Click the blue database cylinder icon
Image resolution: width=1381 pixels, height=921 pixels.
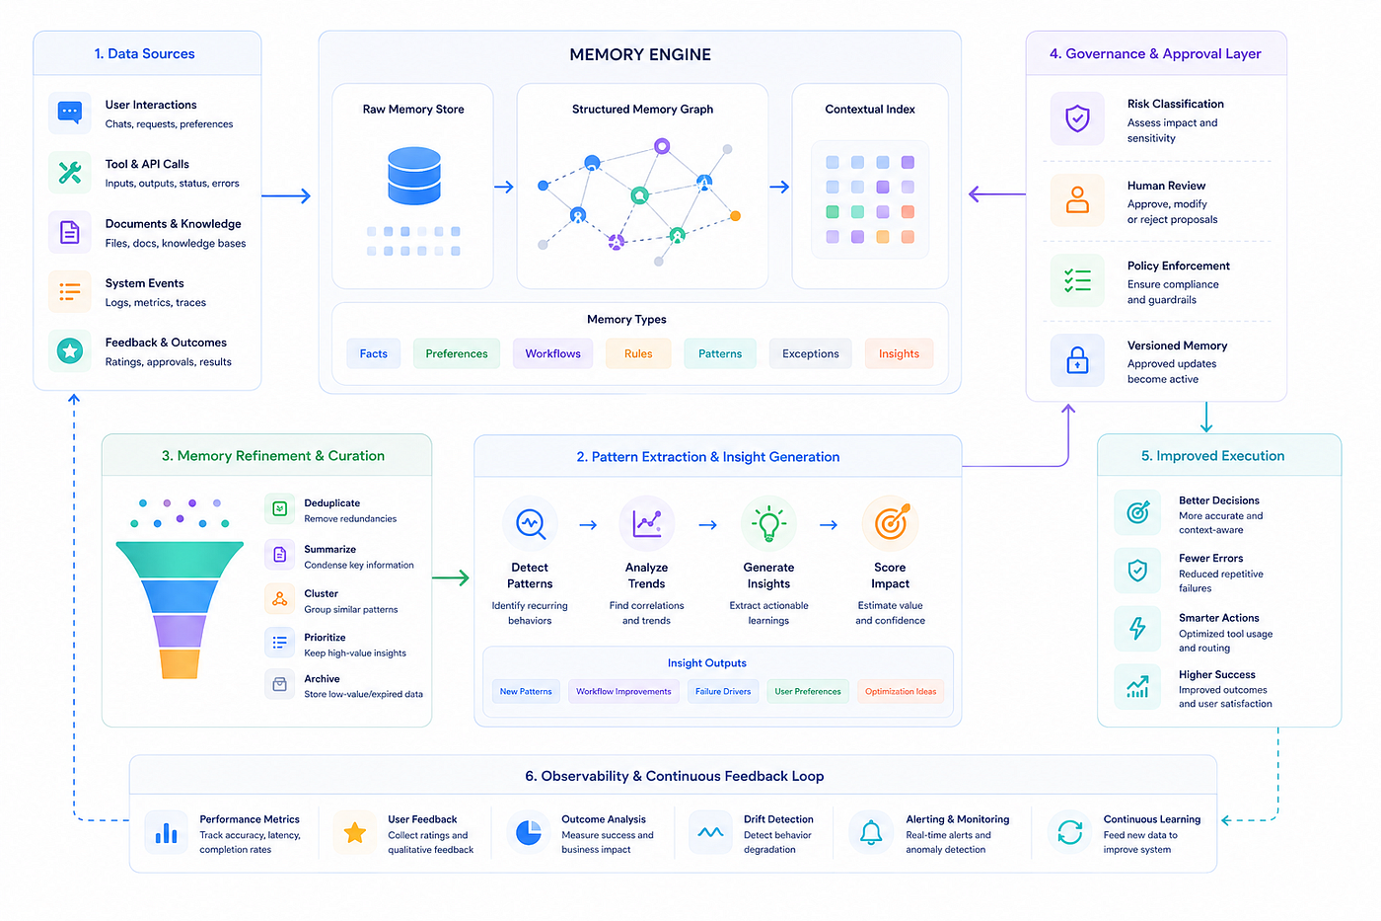[x=413, y=175]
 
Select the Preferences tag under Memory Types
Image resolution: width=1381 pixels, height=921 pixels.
[x=456, y=353]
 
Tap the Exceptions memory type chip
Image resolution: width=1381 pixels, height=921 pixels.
[x=810, y=353]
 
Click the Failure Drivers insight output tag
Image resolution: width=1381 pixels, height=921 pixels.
[x=722, y=692]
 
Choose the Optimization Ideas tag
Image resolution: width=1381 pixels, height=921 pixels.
[x=900, y=692]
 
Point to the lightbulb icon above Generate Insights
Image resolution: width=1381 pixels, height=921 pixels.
[x=768, y=524]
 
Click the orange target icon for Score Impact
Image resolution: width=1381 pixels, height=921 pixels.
[x=891, y=522]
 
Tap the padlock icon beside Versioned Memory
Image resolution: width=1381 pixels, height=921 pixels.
[x=1077, y=360]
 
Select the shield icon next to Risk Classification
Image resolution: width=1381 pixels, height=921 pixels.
[x=1077, y=118]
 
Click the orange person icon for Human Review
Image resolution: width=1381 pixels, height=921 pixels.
[x=1077, y=199]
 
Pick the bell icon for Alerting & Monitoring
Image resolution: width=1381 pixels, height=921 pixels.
[x=870, y=832]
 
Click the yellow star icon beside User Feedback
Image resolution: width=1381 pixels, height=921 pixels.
[x=354, y=833]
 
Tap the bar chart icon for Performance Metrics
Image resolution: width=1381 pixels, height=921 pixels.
[x=166, y=833]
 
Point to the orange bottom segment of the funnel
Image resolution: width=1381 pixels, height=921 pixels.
[x=180, y=663]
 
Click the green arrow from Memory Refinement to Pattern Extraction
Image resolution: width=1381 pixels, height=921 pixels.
[x=451, y=578]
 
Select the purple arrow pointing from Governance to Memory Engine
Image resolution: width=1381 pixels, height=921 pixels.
[x=997, y=194]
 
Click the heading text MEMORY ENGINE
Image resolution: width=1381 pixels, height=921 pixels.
[x=640, y=55]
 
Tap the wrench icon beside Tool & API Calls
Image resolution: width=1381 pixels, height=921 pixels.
[x=70, y=173]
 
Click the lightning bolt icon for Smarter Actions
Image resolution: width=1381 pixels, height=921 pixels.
[x=1136, y=629]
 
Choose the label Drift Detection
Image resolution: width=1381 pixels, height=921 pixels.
[x=778, y=819]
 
